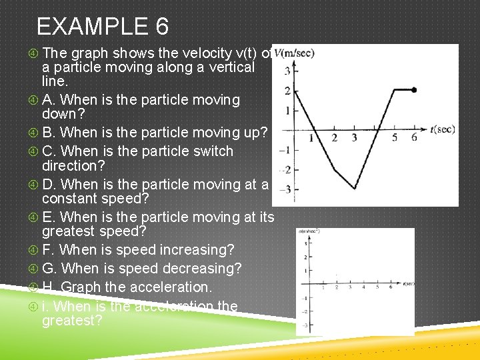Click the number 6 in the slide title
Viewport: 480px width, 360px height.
[161, 27]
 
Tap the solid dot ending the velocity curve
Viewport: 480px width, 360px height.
[414, 89]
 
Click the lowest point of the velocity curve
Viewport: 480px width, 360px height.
[355, 189]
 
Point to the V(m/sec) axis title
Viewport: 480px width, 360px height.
[294, 53]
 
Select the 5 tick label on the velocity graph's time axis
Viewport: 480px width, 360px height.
[395, 138]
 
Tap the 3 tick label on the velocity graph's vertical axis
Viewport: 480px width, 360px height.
[287, 70]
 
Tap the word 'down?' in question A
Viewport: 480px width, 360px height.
[60, 114]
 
